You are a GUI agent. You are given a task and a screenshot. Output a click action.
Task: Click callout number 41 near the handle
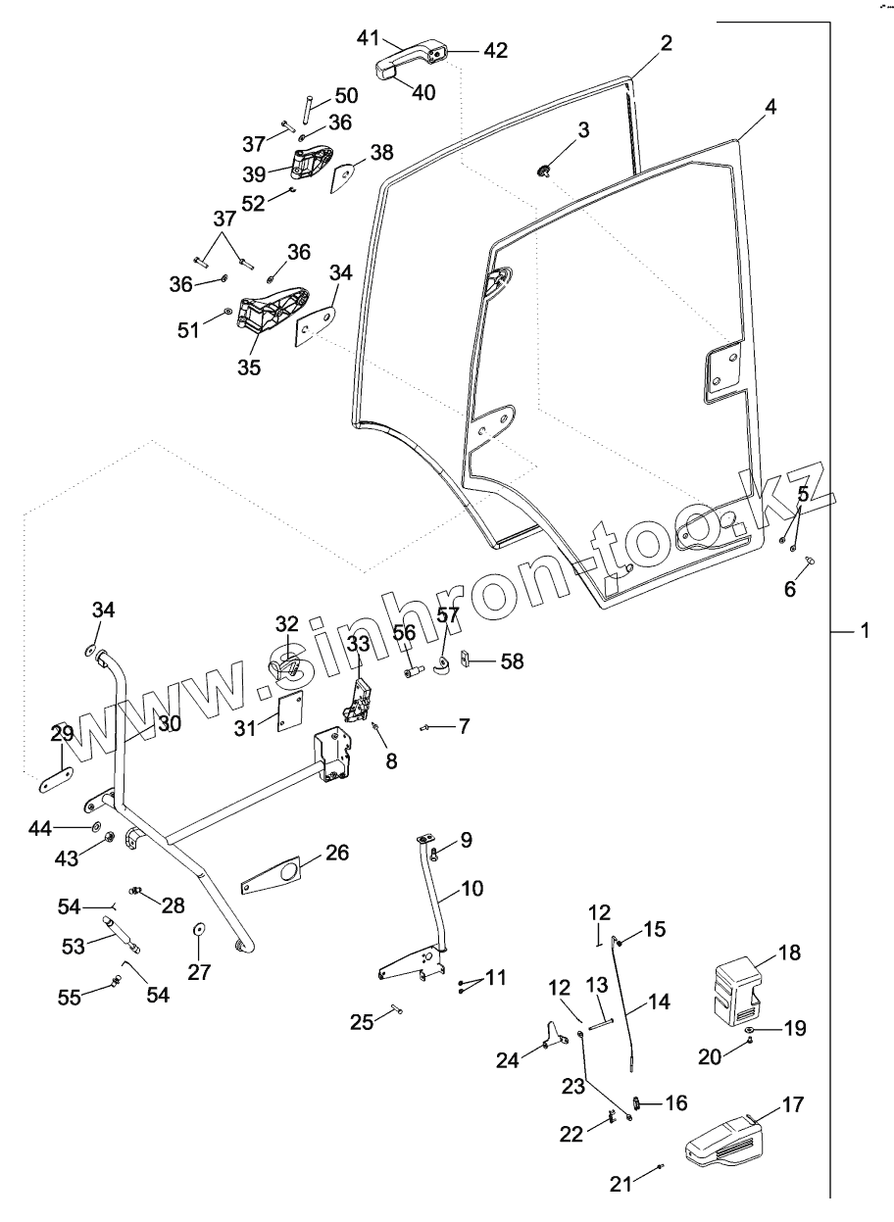(368, 39)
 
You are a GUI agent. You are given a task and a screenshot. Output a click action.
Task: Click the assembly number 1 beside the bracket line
(864, 633)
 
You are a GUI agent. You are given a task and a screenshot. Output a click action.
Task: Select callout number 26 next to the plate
(336, 853)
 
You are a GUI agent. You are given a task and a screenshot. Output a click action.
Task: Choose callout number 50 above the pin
(346, 96)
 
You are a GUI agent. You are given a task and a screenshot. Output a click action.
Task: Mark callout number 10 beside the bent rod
(472, 890)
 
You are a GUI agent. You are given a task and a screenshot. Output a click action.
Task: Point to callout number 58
(511, 661)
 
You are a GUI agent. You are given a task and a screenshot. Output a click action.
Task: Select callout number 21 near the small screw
(620, 1184)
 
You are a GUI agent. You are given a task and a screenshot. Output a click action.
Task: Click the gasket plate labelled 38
(343, 176)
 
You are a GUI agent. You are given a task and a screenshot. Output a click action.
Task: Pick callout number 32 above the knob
(285, 624)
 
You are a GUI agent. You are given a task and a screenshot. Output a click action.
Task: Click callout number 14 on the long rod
(658, 1002)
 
